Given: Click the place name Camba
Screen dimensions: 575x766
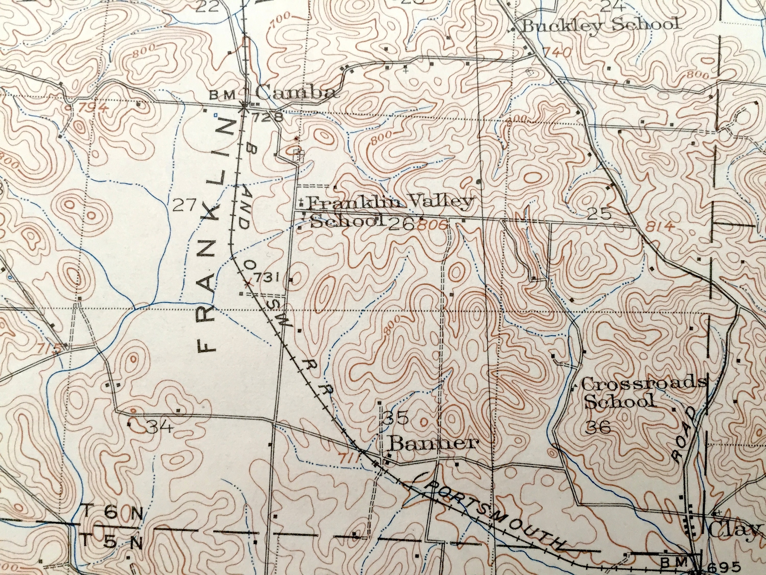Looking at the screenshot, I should pyautogui.click(x=295, y=93).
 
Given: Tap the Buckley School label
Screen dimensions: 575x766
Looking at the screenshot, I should pyautogui.click(x=600, y=25).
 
